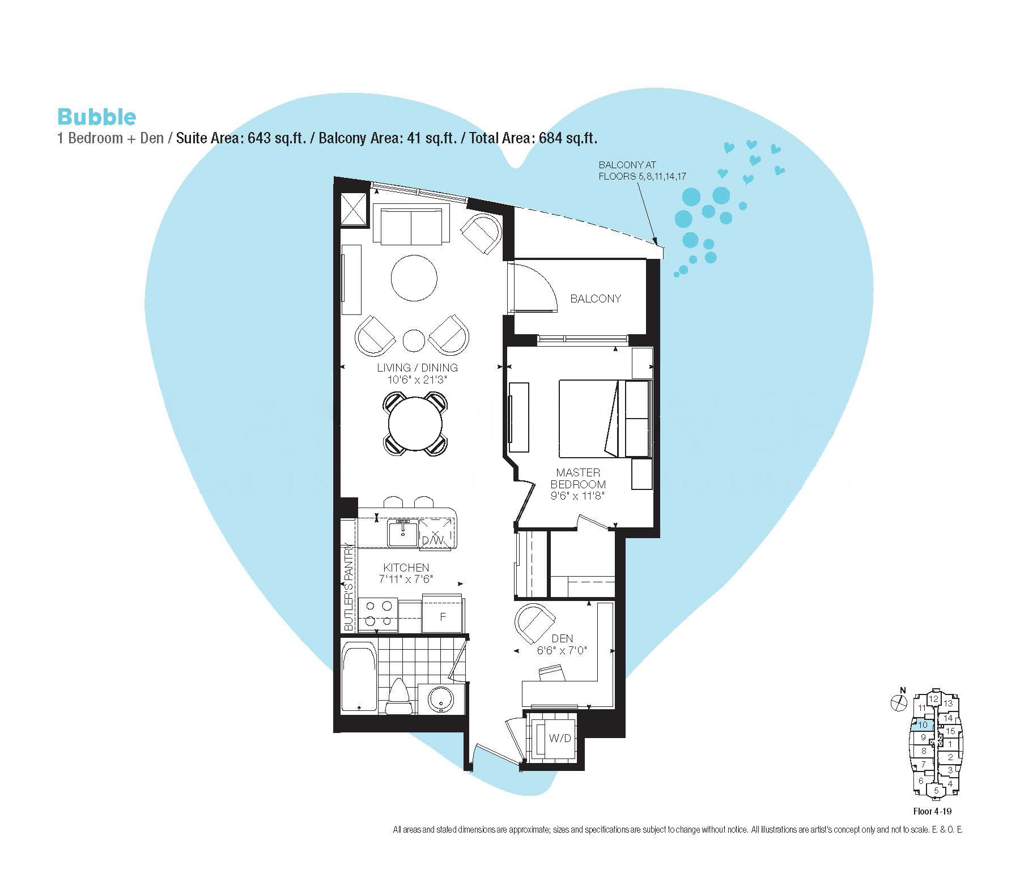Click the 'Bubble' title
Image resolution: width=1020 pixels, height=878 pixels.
(x=96, y=117)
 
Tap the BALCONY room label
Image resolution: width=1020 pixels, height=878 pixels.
(x=596, y=299)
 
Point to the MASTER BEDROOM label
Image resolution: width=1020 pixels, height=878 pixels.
(x=578, y=478)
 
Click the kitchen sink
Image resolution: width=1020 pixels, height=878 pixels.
(x=403, y=533)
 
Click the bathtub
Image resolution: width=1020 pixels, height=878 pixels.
(x=359, y=677)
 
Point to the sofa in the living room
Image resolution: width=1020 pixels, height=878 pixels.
(x=411, y=225)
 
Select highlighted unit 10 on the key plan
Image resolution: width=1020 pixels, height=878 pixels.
(x=921, y=724)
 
